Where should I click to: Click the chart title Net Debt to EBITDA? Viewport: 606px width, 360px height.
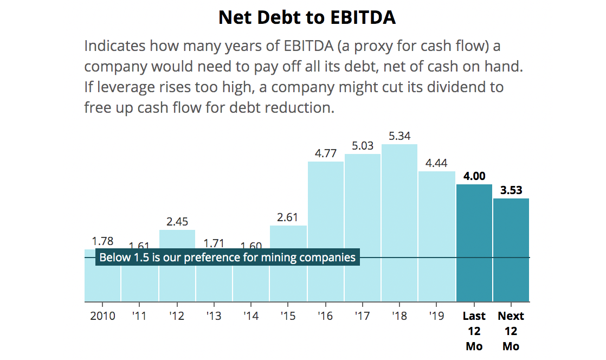[307, 18]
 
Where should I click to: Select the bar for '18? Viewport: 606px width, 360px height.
[399, 222]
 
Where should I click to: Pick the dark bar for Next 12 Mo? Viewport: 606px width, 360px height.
[511, 249]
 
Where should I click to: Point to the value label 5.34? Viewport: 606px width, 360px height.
[399, 136]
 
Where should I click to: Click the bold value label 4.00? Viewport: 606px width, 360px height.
[474, 176]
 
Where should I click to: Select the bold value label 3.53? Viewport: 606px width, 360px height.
[511, 190]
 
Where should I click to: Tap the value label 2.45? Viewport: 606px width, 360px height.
[177, 222]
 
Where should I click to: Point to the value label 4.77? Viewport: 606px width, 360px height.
[326, 153]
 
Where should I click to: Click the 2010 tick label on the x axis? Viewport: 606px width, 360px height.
[102, 316]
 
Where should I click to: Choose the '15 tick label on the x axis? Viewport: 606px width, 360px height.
[288, 316]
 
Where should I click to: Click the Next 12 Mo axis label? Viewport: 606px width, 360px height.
[511, 331]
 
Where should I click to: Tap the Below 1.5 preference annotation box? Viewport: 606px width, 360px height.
[228, 258]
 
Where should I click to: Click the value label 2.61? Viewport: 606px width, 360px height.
[288, 217]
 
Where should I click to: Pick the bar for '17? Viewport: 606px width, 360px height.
[362, 228]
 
